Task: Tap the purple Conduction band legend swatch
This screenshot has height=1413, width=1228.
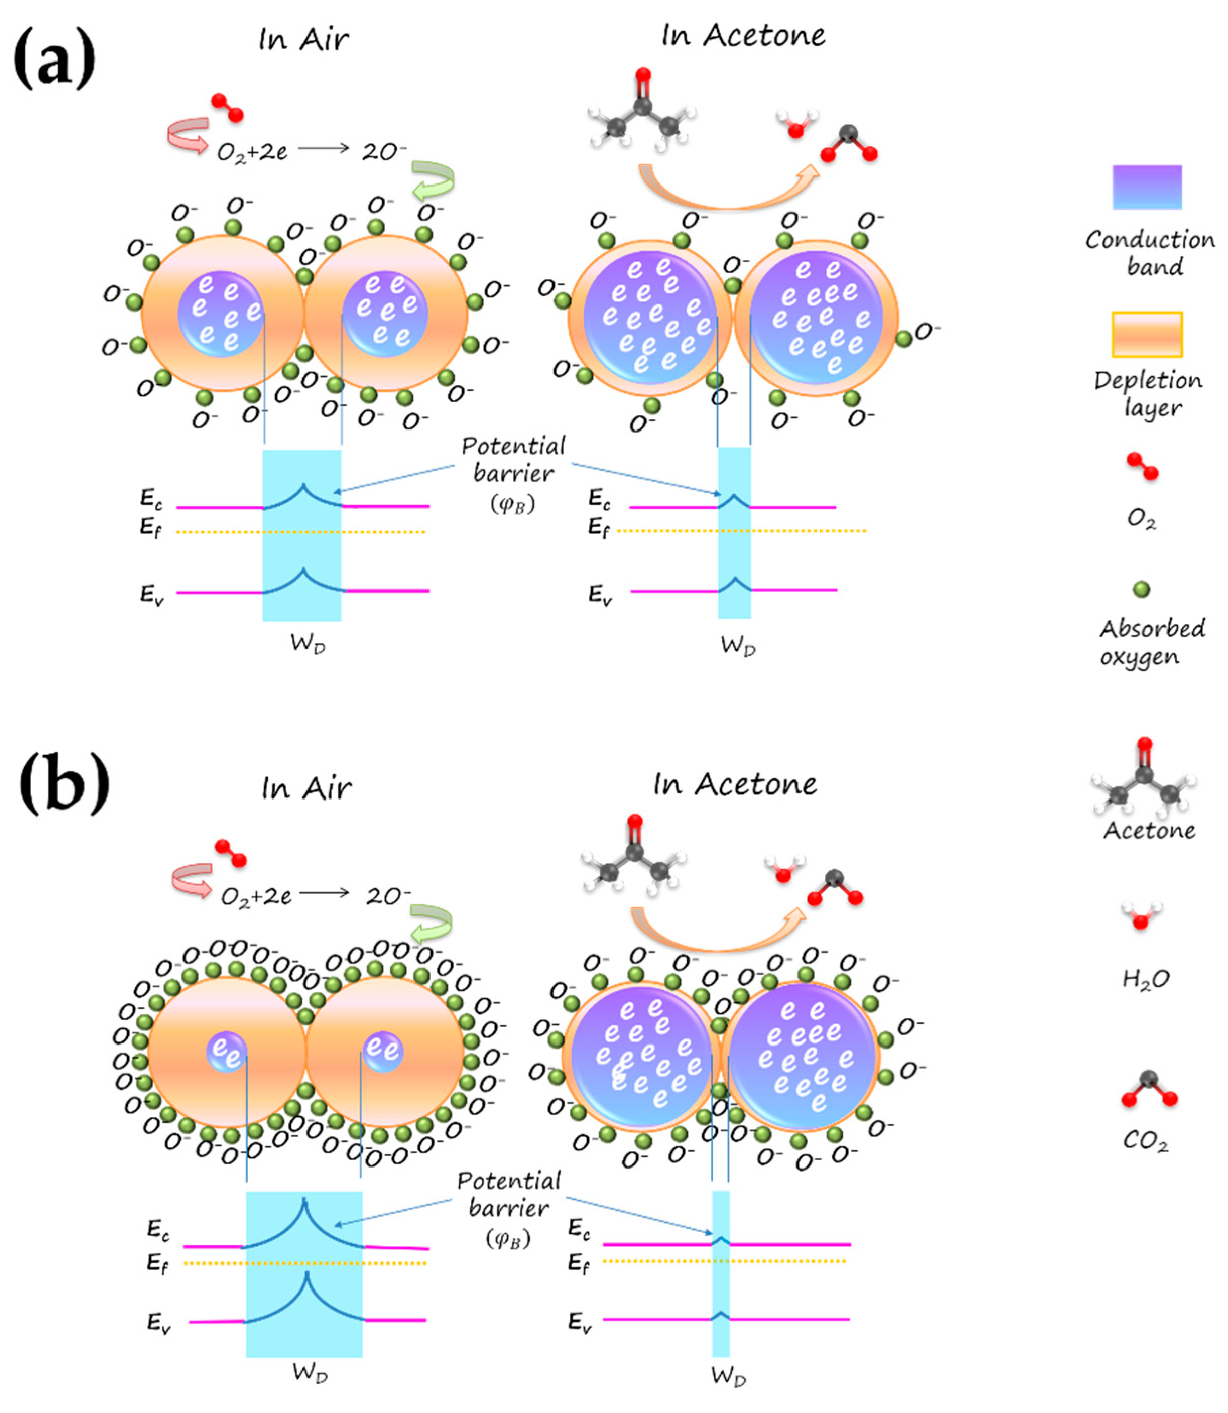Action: click(1146, 187)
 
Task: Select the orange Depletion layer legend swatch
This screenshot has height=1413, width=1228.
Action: click(1146, 334)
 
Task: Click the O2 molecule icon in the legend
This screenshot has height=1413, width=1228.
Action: click(1142, 466)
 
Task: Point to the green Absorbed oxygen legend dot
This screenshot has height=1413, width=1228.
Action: click(1141, 589)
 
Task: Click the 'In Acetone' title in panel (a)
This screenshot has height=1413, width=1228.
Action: click(743, 36)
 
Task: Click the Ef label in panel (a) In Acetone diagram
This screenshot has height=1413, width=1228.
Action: click(598, 528)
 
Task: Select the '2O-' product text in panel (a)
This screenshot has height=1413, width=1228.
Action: click(384, 151)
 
